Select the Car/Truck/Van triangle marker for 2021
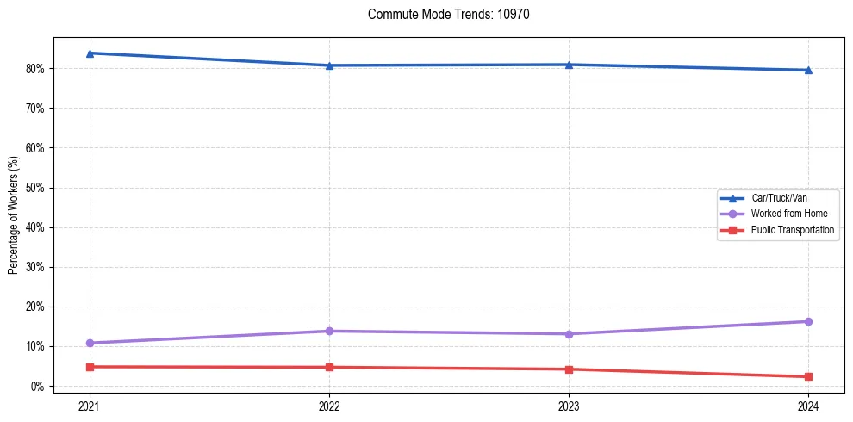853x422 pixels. click(90, 53)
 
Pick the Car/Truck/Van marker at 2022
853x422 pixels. click(329, 65)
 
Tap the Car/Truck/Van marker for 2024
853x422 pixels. click(808, 70)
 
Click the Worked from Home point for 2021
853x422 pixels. click(90, 343)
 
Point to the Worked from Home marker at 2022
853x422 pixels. click(329, 331)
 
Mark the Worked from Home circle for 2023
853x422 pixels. click(569, 334)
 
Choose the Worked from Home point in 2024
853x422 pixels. click(808, 321)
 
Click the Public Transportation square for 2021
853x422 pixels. click(90, 367)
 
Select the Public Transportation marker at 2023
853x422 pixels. click(569, 369)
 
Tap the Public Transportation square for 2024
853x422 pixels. click(808, 376)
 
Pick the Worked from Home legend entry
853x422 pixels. click(784, 214)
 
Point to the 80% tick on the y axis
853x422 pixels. click(36, 69)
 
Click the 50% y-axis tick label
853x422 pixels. click(36, 188)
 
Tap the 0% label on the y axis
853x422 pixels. click(39, 387)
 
